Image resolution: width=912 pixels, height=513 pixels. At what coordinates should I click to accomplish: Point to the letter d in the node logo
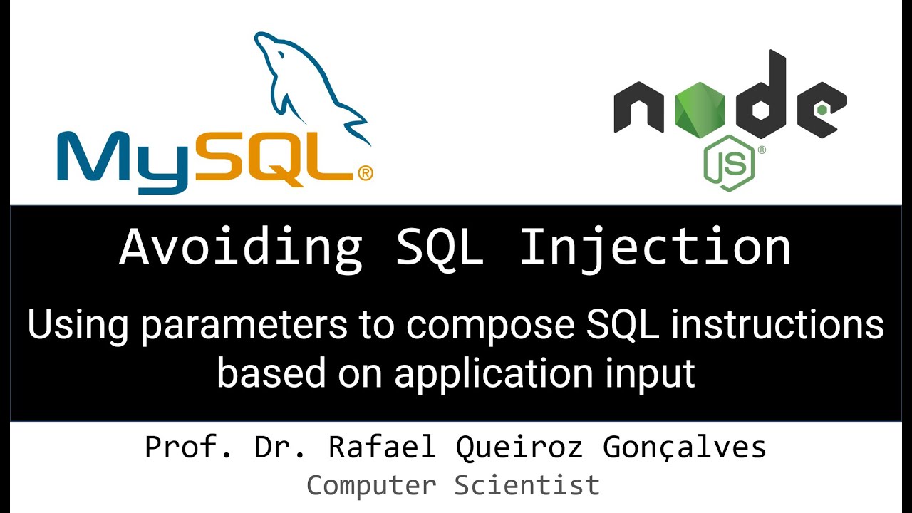(763, 100)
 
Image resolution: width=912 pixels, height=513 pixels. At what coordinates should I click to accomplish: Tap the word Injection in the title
(655, 247)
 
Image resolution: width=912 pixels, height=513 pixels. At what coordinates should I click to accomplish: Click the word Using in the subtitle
(78, 326)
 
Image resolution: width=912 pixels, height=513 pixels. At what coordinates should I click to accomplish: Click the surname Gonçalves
(685, 447)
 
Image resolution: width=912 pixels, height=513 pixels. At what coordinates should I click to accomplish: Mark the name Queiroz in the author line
(519, 447)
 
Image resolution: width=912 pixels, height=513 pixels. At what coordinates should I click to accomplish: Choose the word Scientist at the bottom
(528, 486)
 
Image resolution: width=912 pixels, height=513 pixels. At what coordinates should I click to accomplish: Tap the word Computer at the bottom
(371, 486)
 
